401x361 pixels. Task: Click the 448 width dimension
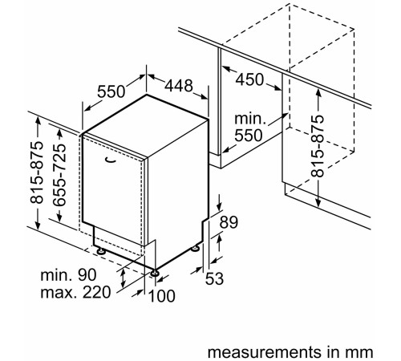(179, 86)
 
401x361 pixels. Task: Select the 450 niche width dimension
(249, 79)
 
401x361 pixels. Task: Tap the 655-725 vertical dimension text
(59, 175)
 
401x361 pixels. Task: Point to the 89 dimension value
(229, 222)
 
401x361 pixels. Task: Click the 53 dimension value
(214, 278)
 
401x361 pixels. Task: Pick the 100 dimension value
(162, 296)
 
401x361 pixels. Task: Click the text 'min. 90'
(68, 274)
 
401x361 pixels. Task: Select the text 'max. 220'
(75, 292)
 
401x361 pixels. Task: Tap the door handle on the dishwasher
(111, 160)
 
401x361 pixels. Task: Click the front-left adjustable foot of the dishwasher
(101, 251)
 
